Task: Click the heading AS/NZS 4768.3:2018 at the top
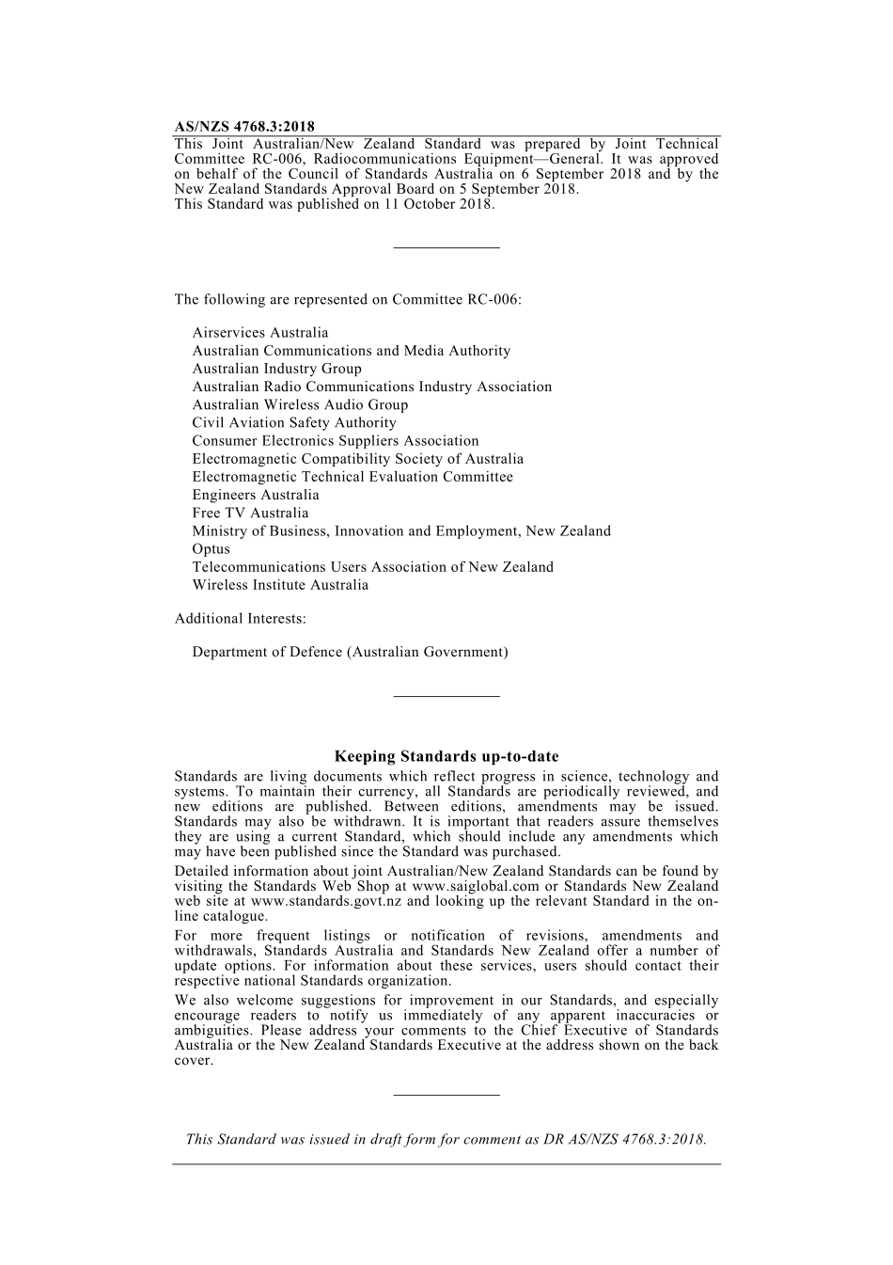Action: pyautogui.click(x=244, y=126)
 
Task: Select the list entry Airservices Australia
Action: pyautogui.click(x=260, y=333)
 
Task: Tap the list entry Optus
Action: pyautogui.click(x=211, y=549)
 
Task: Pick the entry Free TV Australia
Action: pyautogui.click(x=250, y=514)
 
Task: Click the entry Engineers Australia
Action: pyautogui.click(x=256, y=496)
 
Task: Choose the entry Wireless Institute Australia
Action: pyautogui.click(x=280, y=585)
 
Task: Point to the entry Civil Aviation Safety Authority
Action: pyautogui.click(x=294, y=423)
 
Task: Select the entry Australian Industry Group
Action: pyautogui.click(x=276, y=369)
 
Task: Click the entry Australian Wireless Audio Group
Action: pyautogui.click(x=300, y=405)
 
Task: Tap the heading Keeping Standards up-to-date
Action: pyautogui.click(x=446, y=756)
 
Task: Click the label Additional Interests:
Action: pyautogui.click(x=240, y=619)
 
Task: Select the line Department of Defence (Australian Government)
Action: pyautogui.click(x=350, y=652)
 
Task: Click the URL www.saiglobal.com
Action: pyautogui.click(x=476, y=886)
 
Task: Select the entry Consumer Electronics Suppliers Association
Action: pyautogui.click(x=336, y=441)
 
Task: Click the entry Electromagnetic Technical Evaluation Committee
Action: pyautogui.click(x=352, y=477)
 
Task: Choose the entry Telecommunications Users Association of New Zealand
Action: pyautogui.click(x=372, y=567)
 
